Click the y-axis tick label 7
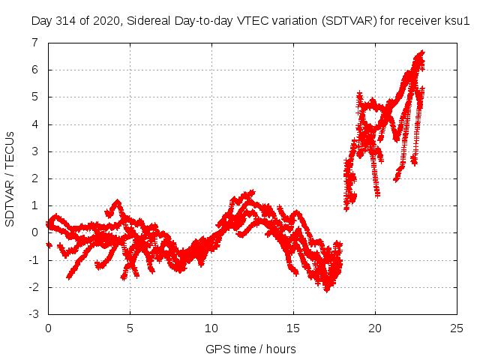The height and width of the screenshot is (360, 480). (x=34, y=43)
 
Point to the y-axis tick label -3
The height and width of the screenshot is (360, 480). (x=33, y=315)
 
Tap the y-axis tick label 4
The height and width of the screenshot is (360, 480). (x=34, y=124)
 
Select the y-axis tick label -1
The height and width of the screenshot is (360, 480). (x=33, y=260)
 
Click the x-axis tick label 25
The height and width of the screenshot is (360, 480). (x=457, y=328)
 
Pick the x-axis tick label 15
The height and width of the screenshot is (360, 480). (x=293, y=328)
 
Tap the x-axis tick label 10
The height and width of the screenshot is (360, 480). (x=211, y=328)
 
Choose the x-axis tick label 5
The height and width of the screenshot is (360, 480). (x=130, y=328)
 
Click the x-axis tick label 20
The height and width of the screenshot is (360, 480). (x=375, y=328)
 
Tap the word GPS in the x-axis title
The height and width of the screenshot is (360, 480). (x=217, y=349)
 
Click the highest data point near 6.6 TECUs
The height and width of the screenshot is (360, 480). (x=421, y=52)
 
